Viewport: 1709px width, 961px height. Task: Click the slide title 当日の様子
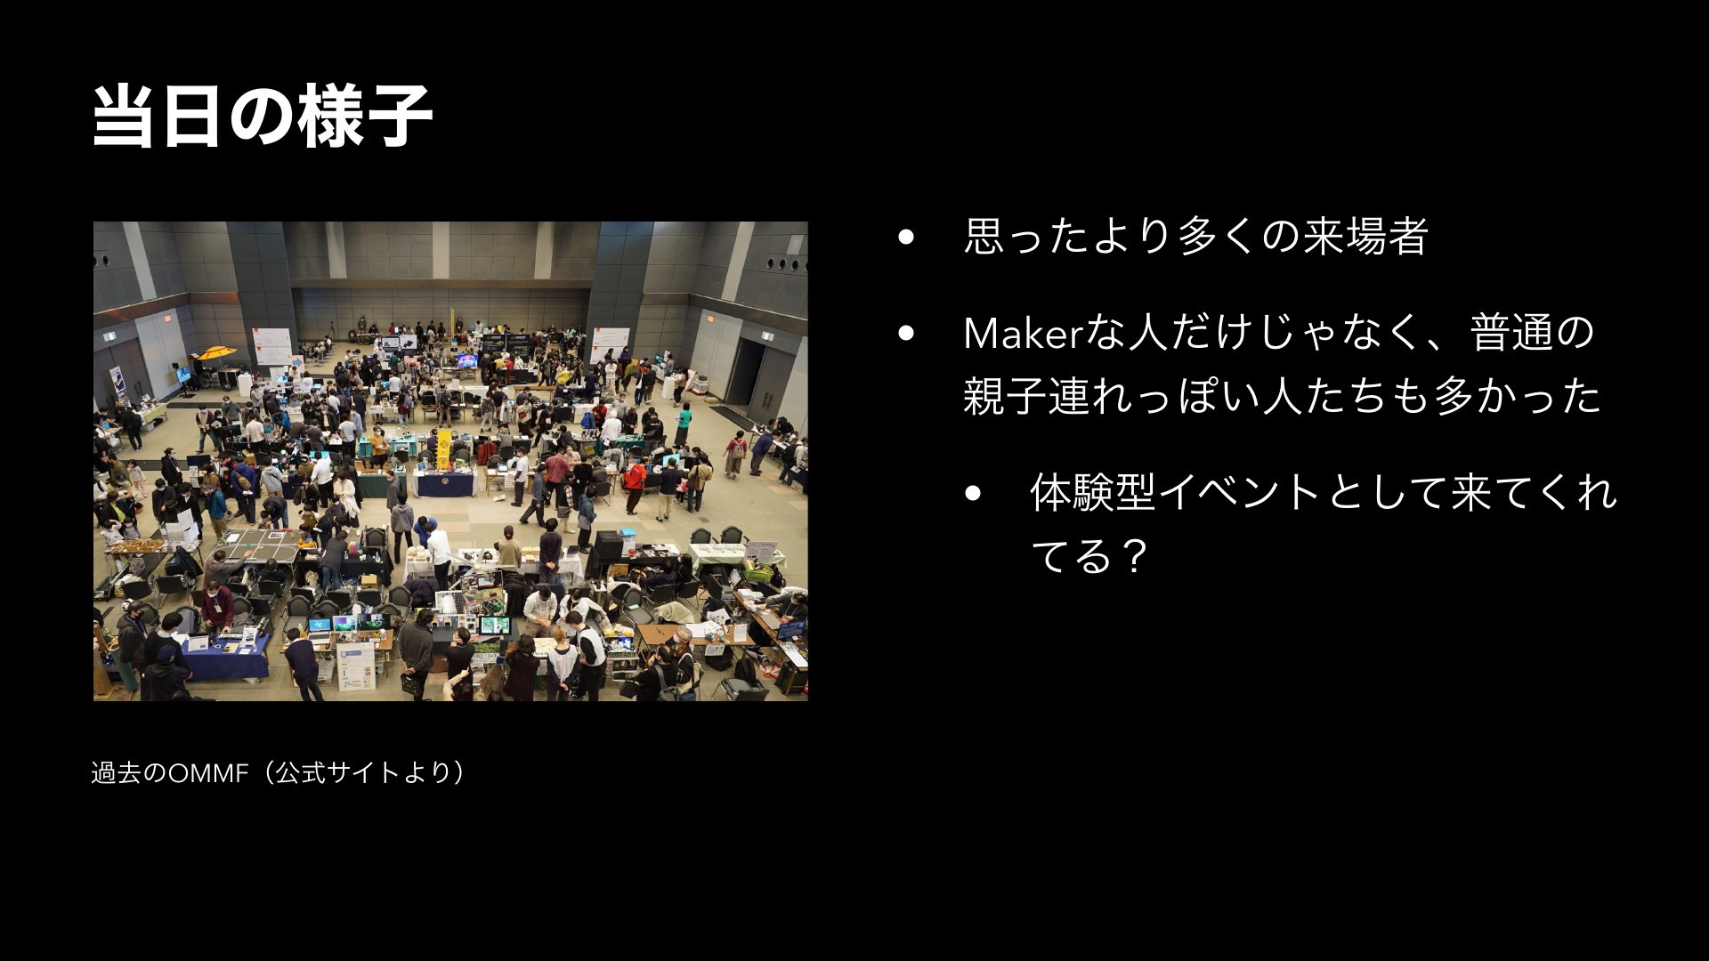tap(263, 116)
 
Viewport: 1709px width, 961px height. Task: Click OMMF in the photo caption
tap(207, 772)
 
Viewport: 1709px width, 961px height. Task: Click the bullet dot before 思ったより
tap(907, 238)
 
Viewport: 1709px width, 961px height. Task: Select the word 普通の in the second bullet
tap(1532, 332)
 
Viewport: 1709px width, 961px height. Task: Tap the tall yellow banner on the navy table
tap(443, 448)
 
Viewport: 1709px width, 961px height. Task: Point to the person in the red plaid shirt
tap(557, 466)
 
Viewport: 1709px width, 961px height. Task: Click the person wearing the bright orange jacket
tap(634, 479)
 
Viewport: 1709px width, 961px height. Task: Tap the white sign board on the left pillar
tap(272, 343)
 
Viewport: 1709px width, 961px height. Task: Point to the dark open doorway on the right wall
tap(744, 372)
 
